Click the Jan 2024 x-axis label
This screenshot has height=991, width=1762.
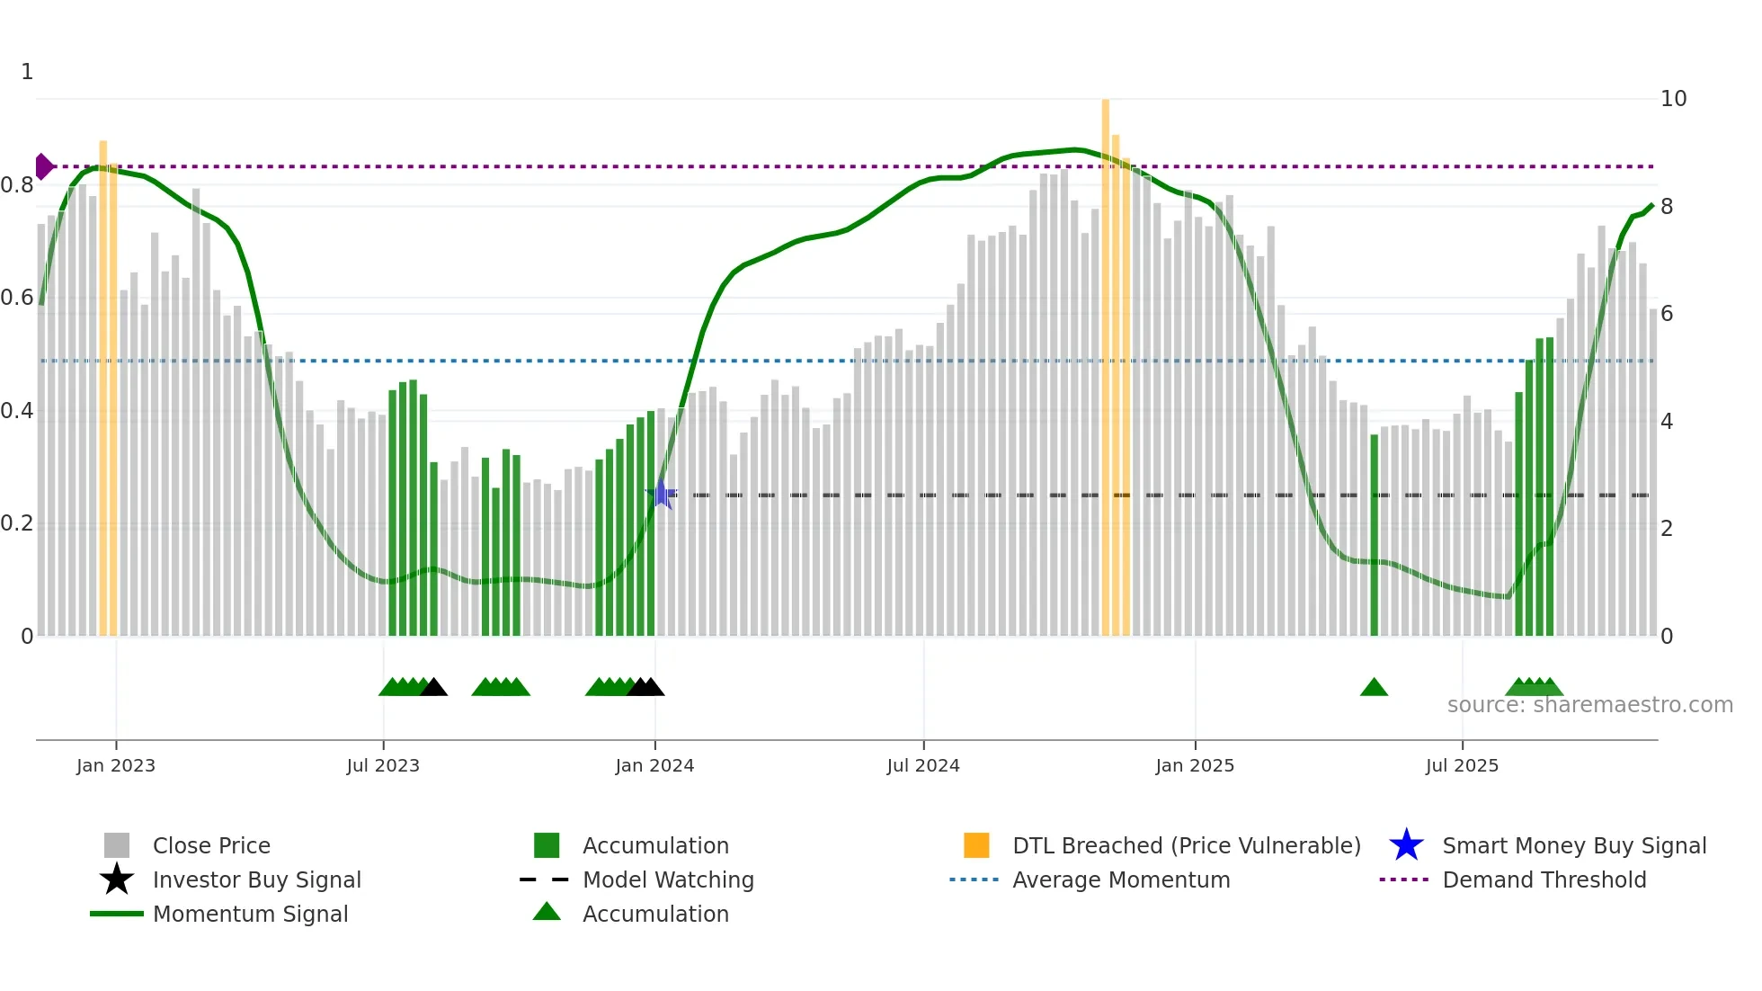tap(654, 765)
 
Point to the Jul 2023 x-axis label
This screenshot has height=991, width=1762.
tap(383, 765)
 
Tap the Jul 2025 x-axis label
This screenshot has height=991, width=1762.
tap(1462, 765)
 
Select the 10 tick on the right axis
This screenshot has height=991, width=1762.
tap(1673, 99)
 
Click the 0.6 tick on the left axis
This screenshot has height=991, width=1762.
tap(18, 298)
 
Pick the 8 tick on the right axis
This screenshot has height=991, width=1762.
tap(1667, 207)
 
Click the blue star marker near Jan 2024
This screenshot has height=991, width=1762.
tap(662, 494)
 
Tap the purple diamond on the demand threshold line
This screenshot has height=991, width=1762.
tap(43, 166)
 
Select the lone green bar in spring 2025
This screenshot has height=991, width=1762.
tap(1374, 535)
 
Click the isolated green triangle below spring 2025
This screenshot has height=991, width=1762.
tap(1374, 688)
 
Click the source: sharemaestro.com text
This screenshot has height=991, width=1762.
tap(1589, 705)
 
